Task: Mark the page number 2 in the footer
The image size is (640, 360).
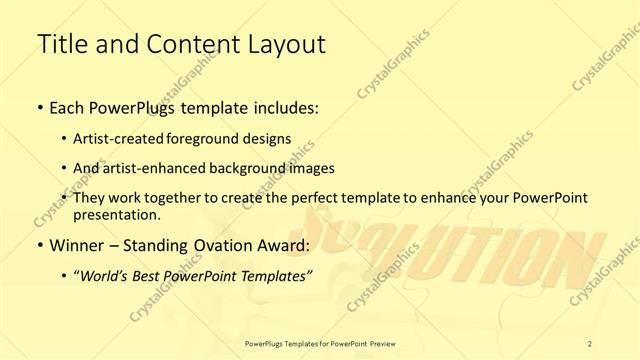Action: pyautogui.click(x=591, y=343)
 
